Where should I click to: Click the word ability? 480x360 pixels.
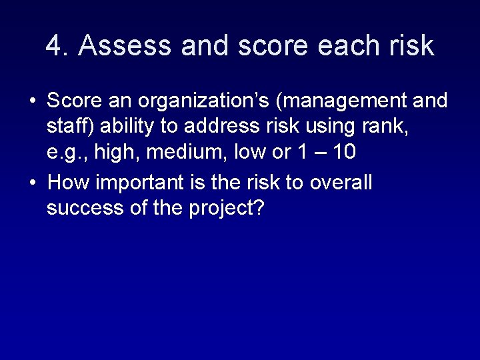coord(124,127)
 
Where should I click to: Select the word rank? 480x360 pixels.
coord(387,127)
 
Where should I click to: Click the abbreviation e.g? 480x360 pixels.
coord(67,153)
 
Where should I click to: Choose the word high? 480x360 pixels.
coord(117,153)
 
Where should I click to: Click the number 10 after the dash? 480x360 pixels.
coord(343,152)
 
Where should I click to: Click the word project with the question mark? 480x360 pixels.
coord(227,209)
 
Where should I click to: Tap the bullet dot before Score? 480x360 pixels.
coord(32,102)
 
